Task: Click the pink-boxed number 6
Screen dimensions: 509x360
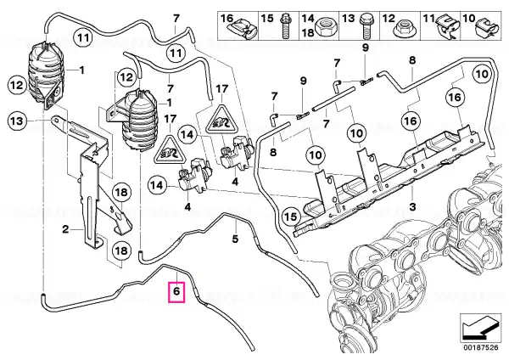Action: [x=176, y=291]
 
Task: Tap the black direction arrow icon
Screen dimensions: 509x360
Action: [x=480, y=328]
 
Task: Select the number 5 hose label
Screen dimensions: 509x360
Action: [x=235, y=239]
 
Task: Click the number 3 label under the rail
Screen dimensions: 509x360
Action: [x=412, y=206]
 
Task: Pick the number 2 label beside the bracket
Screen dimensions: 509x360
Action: [x=65, y=230]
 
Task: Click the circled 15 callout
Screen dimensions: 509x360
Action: [x=292, y=217]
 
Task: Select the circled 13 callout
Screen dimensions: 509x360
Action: [x=17, y=121]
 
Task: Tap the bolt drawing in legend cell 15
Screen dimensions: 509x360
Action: [x=286, y=25]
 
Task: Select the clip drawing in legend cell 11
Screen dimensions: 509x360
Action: [x=446, y=26]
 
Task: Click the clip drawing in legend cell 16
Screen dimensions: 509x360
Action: [x=243, y=28]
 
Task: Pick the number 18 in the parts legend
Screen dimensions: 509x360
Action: [x=308, y=32]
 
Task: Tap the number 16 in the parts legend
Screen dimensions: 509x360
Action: [x=227, y=18]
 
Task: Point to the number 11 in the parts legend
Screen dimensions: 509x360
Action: [x=428, y=19]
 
